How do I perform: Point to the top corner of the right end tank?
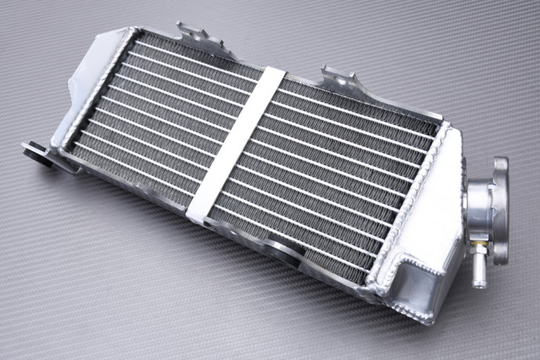click(x=449, y=125)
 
